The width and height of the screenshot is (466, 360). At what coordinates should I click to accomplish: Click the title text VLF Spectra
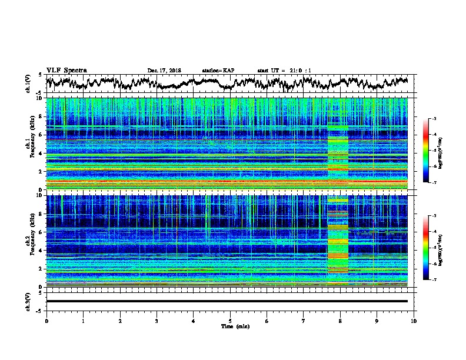coord(66,70)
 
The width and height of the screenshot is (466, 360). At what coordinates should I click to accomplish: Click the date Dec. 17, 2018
coord(164,71)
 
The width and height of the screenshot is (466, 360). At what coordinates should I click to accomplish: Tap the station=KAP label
coord(218,71)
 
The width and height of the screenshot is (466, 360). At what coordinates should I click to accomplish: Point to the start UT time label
coord(284,71)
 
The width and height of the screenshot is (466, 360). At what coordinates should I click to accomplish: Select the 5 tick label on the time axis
coord(230,321)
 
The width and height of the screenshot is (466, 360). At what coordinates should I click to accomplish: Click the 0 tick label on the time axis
coord(46,321)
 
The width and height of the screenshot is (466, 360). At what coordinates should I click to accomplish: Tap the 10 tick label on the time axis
coord(414,321)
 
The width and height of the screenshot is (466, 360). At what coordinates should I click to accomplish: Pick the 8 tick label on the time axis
coord(340,321)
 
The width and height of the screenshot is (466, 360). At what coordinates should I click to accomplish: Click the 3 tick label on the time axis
coord(157,321)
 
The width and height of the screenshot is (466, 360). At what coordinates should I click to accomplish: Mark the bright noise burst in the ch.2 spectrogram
coord(338,241)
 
